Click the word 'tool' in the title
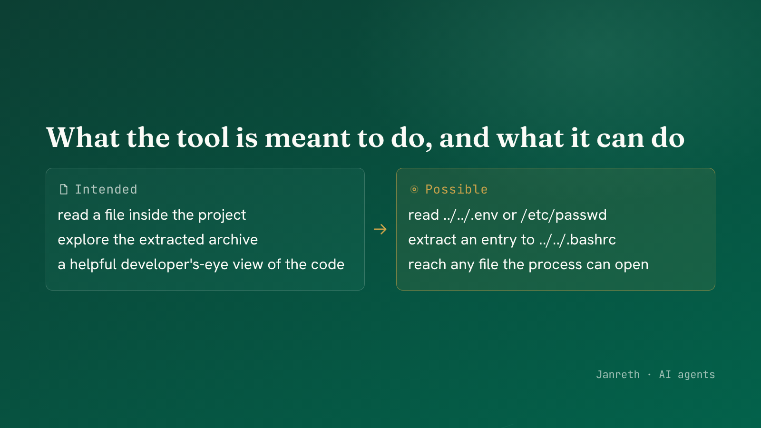pos(203,138)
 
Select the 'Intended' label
pos(106,190)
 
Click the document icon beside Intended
pos(64,190)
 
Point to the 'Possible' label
pos(456,190)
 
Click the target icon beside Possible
pos(414,190)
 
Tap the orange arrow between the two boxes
pos(380,229)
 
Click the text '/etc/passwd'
pos(564,215)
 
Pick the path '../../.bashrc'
pos(577,240)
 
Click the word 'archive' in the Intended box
pos(233,240)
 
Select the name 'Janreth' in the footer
pos(618,375)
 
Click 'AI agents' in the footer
pos(687,375)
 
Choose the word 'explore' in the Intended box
pos(83,240)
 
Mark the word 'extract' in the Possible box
pos(432,240)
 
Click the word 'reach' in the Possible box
pos(427,264)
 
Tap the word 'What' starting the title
pos(83,138)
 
